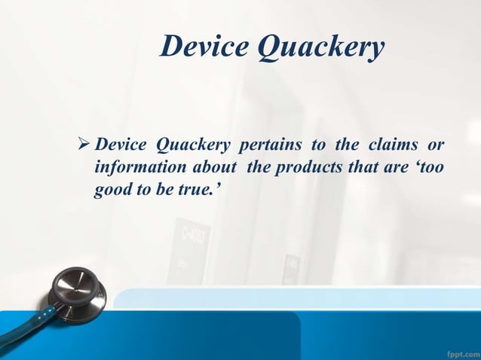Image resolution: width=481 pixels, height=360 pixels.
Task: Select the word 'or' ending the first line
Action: pos(435,144)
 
